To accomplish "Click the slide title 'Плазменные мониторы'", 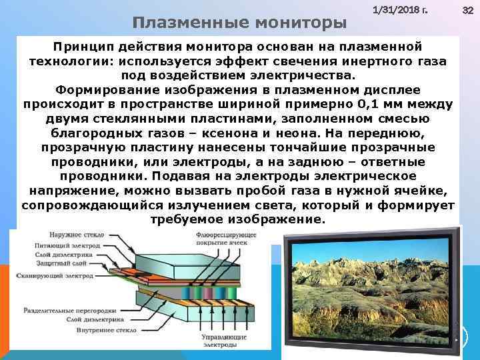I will [x=239, y=23].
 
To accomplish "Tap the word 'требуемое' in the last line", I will [x=184, y=219].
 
